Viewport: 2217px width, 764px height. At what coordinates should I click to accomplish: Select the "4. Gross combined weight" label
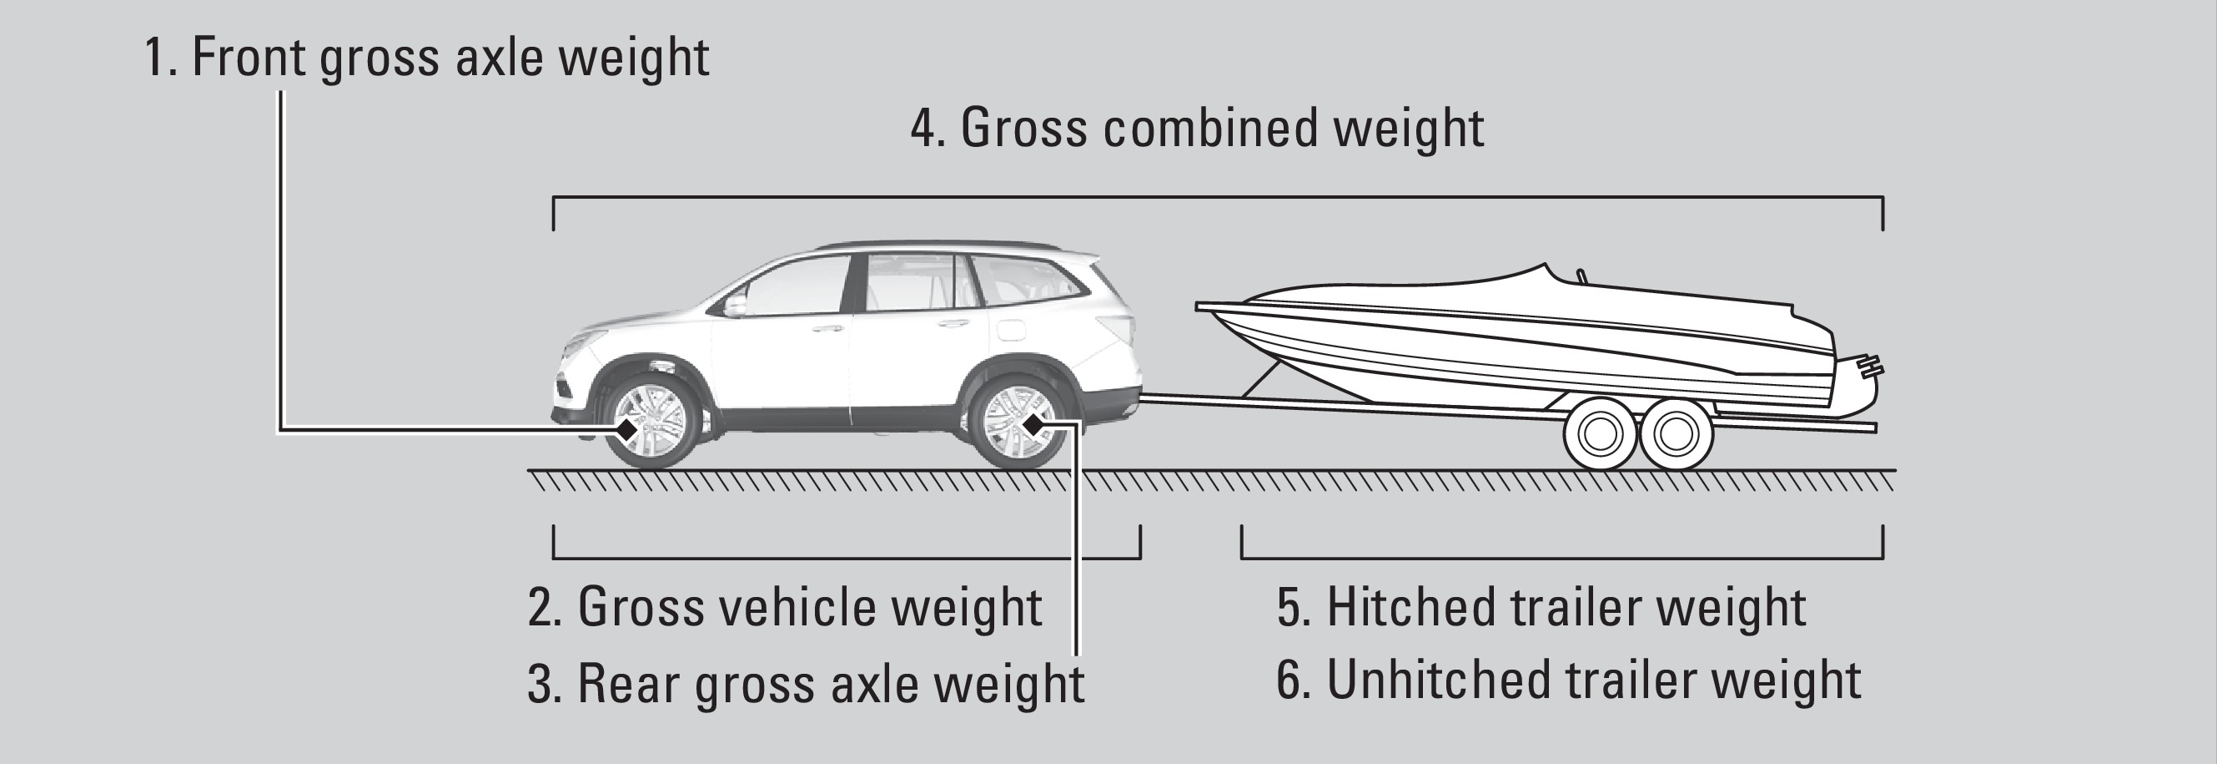1197,129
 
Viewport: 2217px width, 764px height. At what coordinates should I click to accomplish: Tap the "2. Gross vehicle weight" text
784,607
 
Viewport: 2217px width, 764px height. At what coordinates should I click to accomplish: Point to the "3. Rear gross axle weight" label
806,684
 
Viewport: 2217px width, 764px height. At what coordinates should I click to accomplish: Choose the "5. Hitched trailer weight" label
1541,607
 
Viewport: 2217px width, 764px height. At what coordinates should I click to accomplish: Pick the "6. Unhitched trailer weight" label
1568,681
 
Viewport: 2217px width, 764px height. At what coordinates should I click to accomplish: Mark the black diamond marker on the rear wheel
1033,424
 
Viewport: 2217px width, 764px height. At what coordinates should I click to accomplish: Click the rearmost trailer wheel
1676,434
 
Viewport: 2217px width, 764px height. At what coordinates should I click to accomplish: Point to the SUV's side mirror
734,305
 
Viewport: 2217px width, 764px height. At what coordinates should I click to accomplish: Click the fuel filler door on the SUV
1012,329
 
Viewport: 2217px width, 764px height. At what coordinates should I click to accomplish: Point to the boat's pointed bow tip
1198,306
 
